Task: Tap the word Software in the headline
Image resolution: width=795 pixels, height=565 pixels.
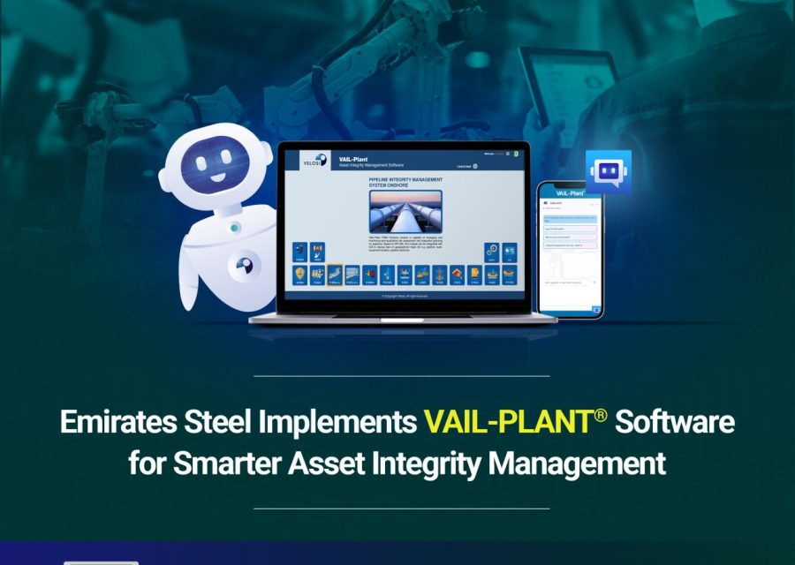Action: click(x=674, y=421)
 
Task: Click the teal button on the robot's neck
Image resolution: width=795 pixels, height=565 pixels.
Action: click(x=235, y=227)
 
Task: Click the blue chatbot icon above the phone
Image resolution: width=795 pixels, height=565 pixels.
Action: click(x=608, y=171)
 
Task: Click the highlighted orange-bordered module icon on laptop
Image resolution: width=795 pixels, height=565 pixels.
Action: click(x=336, y=275)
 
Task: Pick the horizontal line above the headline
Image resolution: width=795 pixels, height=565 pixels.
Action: click(x=401, y=376)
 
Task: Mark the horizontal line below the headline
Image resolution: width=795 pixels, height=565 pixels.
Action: click(x=401, y=508)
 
